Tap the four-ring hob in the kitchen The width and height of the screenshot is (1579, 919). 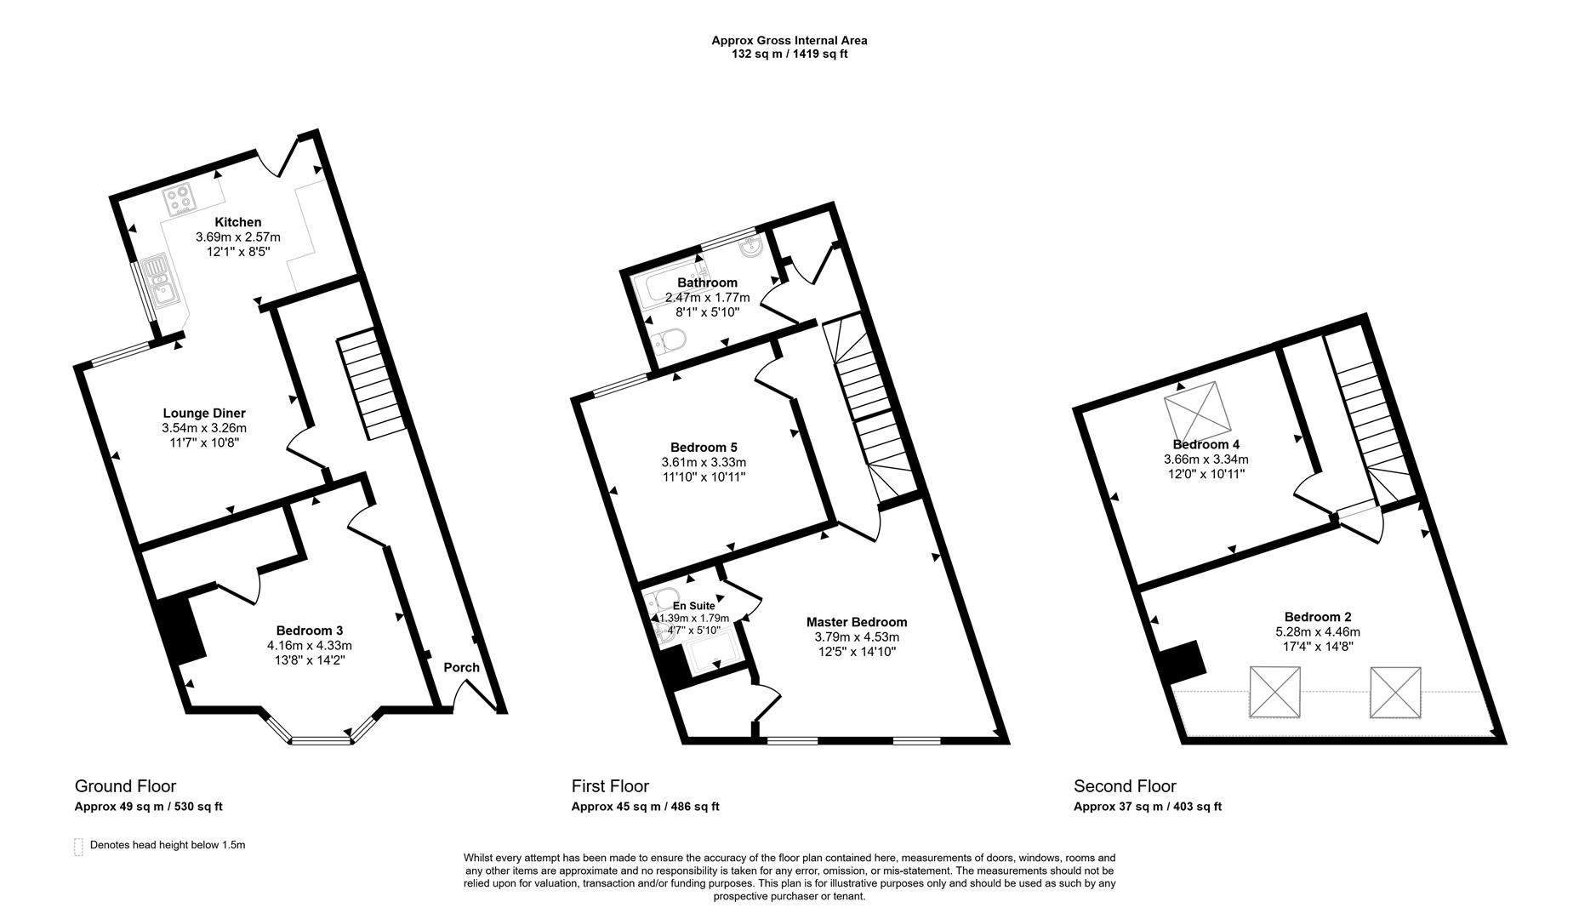coord(180,200)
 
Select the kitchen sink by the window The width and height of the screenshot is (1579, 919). coord(160,281)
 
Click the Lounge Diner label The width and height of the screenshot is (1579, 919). coord(204,414)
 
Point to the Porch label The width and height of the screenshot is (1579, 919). coord(462,667)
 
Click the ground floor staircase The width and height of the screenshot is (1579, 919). coord(370,387)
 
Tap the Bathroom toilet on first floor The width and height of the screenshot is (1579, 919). coord(667,342)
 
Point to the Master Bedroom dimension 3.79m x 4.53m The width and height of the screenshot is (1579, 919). coord(857,637)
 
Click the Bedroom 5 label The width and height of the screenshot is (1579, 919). coord(704,447)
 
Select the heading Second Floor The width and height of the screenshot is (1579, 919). coord(1125,786)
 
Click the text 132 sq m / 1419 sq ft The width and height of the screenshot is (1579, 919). coord(789,54)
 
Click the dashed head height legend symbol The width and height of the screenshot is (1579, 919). coord(79,846)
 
